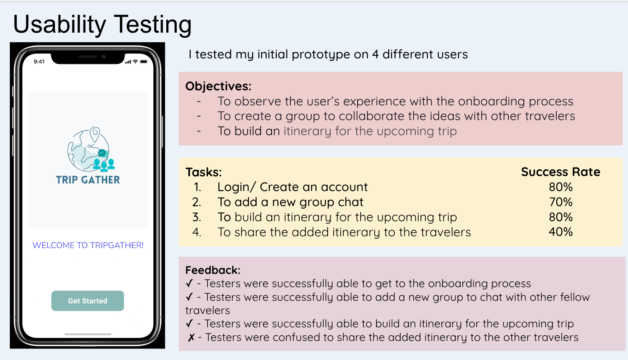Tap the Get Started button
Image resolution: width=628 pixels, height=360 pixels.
click(87, 301)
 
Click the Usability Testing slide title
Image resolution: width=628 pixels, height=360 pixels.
click(103, 25)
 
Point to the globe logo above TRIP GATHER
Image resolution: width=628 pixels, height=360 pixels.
click(91, 149)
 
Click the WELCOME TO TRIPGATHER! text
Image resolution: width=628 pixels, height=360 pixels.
click(88, 245)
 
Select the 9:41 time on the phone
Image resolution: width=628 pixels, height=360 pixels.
click(39, 62)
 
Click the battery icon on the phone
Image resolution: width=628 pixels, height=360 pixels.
click(144, 62)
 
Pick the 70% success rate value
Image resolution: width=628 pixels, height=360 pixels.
click(561, 202)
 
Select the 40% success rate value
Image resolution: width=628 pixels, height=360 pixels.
click(561, 232)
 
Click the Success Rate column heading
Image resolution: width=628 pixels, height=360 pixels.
click(561, 172)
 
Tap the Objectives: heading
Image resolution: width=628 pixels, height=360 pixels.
click(218, 86)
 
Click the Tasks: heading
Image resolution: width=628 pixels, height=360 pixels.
click(204, 172)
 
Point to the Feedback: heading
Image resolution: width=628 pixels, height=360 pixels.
click(213, 270)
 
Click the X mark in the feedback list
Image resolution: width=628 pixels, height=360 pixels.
click(191, 337)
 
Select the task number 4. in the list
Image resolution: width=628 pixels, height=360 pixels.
click(196, 232)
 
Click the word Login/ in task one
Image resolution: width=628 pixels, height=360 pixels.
click(237, 187)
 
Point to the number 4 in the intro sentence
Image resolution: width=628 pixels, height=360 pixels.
click(375, 55)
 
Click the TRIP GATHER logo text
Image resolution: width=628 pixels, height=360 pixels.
click(88, 180)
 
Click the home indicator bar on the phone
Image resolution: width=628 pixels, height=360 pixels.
click(88, 334)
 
